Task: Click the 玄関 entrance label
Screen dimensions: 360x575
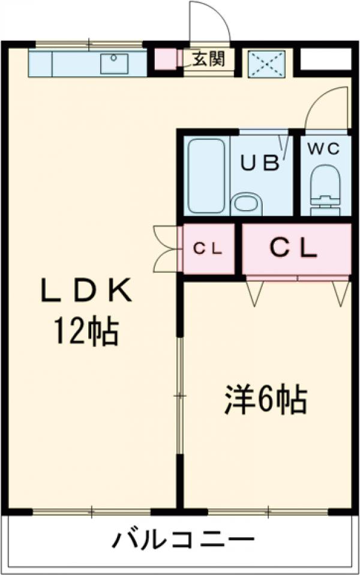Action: coord(209,59)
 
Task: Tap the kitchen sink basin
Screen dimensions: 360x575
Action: coord(114,64)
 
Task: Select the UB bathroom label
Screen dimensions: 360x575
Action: coord(260,163)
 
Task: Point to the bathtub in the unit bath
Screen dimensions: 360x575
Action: coord(206,176)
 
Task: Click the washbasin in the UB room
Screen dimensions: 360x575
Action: coord(247,204)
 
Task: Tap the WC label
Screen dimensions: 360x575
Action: coord(323,149)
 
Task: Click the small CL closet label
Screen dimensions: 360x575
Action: coord(208,250)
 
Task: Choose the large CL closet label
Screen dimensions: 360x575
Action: coord(293,249)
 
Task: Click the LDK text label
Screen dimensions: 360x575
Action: coord(86,291)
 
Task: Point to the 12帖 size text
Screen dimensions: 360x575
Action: coord(86,331)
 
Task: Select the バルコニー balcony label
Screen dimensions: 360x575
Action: coord(183,539)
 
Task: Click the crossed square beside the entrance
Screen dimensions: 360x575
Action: coord(267,64)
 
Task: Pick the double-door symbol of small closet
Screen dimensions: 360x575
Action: coord(166,249)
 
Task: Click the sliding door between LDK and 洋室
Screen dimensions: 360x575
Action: coord(179,396)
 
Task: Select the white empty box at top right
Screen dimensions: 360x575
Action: coord(323,59)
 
